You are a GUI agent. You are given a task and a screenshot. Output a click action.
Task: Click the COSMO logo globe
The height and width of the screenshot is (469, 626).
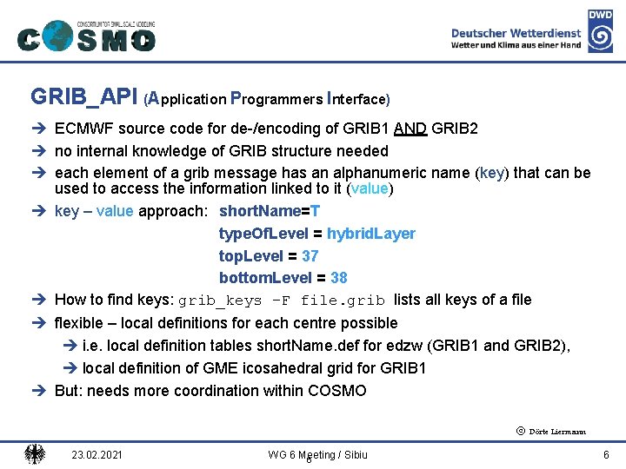tap(57, 36)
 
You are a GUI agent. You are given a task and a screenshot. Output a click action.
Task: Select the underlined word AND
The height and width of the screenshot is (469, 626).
tap(410, 129)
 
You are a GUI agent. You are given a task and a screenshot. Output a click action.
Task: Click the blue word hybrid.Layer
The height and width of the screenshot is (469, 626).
tap(371, 234)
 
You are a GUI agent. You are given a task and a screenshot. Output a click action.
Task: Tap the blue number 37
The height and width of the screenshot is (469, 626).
tap(310, 256)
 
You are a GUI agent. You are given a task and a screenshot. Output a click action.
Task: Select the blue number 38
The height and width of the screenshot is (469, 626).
tap(339, 278)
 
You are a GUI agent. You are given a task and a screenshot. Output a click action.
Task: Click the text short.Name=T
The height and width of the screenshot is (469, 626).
tap(270, 211)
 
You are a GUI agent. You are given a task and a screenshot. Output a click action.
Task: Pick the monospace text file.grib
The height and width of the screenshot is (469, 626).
tap(343, 301)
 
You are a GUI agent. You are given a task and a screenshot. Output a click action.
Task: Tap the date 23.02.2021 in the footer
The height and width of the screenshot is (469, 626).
tap(98, 454)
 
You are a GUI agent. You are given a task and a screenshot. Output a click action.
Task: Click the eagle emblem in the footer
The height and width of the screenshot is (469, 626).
tap(35, 453)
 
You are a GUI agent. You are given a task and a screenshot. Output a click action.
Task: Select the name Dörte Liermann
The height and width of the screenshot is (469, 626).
tap(556, 432)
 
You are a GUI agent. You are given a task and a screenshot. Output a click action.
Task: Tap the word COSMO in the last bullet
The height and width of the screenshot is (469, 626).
tap(337, 391)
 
